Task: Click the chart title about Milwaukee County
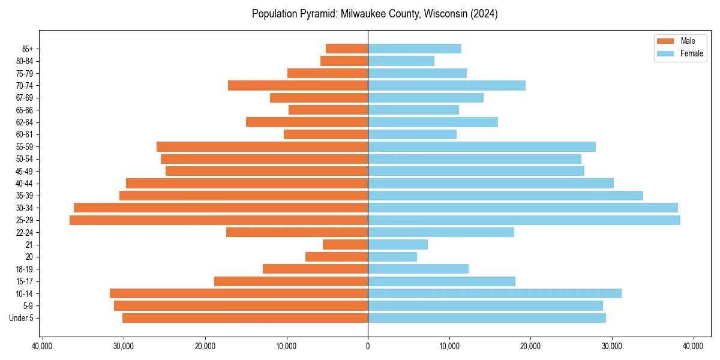(x=374, y=14)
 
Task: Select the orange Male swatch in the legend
(x=665, y=41)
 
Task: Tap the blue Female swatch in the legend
(x=665, y=53)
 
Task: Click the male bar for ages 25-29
(x=219, y=220)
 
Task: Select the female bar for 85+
(x=415, y=49)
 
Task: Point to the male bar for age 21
(x=346, y=244)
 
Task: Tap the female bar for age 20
(x=392, y=257)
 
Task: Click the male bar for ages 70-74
(x=298, y=85)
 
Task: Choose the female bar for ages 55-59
(x=482, y=146)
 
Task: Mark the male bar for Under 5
(x=245, y=318)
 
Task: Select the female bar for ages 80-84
(x=401, y=61)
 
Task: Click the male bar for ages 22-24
(x=297, y=232)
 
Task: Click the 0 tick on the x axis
(x=368, y=346)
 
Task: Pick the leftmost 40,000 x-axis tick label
(x=43, y=346)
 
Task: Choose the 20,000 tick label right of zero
(x=530, y=346)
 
